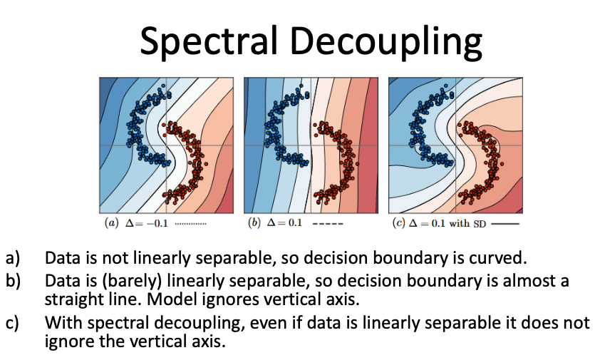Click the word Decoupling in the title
(x=386, y=41)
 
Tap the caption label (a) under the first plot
(x=112, y=223)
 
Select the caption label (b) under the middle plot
(x=254, y=222)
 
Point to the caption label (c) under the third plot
(x=398, y=223)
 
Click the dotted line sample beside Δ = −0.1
(x=191, y=224)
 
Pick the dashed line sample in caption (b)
(x=328, y=224)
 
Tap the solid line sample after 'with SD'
(x=505, y=224)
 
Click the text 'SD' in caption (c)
(x=480, y=224)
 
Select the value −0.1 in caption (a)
(x=157, y=223)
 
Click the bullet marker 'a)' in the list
(x=13, y=258)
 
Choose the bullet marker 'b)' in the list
(x=13, y=281)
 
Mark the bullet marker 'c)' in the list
(x=12, y=323)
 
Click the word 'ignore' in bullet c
(x=69, y=341)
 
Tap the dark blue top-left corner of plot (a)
(x=103, y=82)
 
